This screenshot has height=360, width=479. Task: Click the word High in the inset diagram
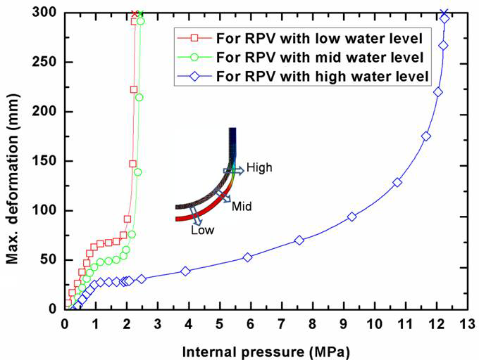click(259, 168)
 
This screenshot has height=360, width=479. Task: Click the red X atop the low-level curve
click(135, 13)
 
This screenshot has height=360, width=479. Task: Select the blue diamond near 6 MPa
click(247, 257)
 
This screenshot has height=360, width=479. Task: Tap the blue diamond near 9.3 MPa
click(352, 217)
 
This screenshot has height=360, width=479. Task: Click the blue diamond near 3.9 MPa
click(185, 271)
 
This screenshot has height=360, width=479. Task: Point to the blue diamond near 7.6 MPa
click(299, 240)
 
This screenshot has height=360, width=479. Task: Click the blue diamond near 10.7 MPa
click(397, 182)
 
